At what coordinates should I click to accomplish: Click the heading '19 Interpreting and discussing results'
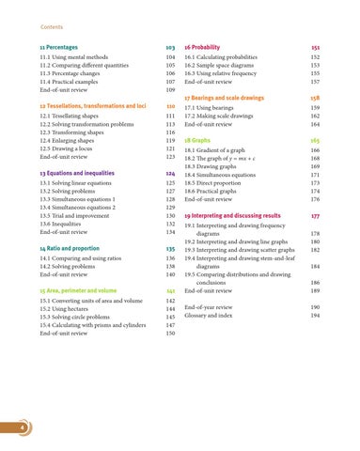[246, 214]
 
